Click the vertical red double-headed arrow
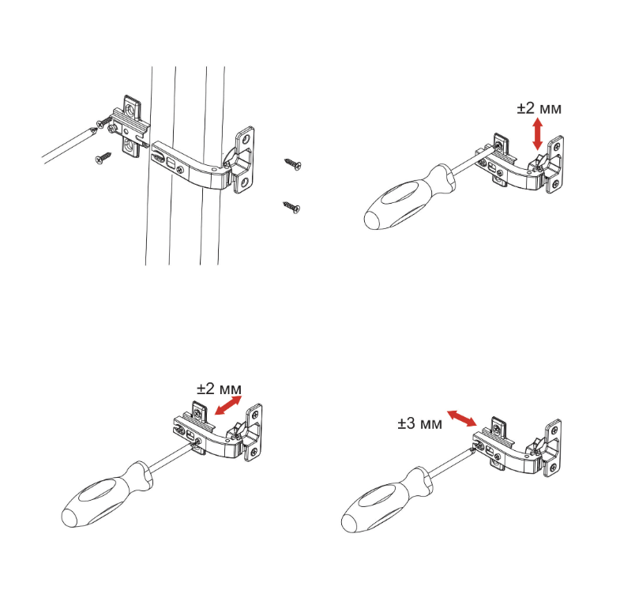[x=538, y=134]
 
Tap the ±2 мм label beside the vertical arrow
[x=539, y=108]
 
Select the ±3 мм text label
[x=419, y=424]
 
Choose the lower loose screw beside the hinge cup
[x=291, y=207]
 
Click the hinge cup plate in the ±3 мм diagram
[x=554, y=446]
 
